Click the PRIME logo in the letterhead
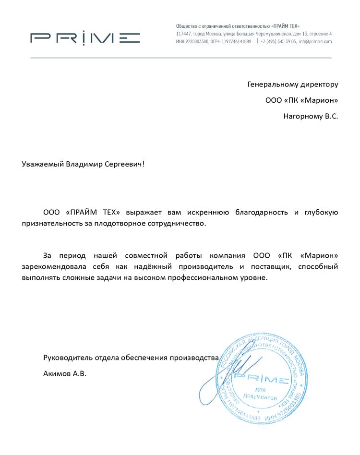[x=85, y=38]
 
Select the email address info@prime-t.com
[x=315, y=42]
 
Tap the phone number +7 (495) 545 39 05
[x=278, y=42]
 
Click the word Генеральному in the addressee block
[x=273, y=84]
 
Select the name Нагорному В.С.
[x=311, y=116]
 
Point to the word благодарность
[x=261, y=212]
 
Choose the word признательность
[x=52, y=224]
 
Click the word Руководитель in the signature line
[x=66, y=358]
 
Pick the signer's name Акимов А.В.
[x=65, y=373]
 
